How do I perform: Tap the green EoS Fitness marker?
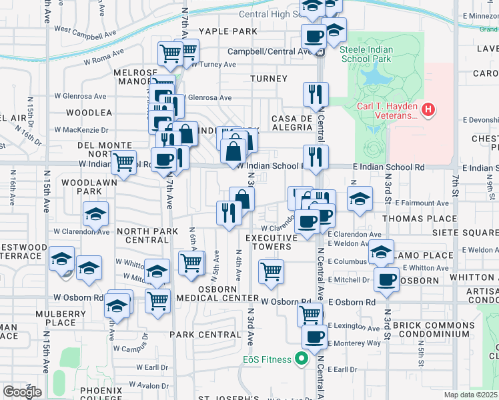pos(301,360)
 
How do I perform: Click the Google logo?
pos(22,392)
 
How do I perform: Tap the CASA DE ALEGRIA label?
pos(292,123)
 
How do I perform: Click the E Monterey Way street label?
pos(355,343)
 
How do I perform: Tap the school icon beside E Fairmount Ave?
pos(360,199)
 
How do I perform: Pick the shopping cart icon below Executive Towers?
pos(271,271)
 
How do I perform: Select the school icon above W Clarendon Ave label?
pos(95,214)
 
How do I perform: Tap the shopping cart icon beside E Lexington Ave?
pos(309,313)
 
